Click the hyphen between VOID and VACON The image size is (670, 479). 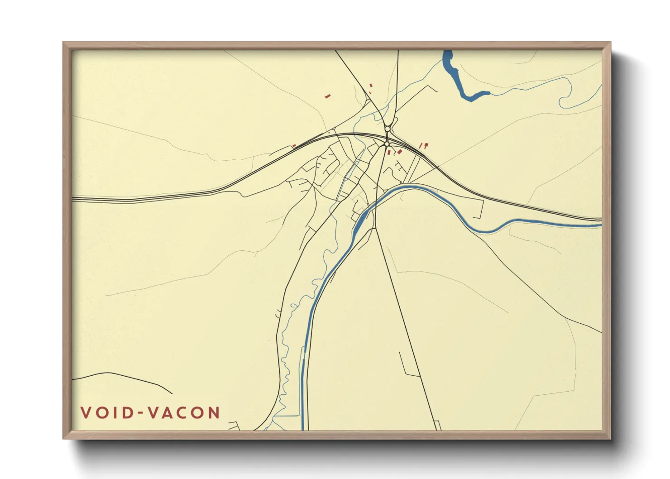(140, 413)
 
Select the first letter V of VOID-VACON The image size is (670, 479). (86, 413)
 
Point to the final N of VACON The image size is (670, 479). (214, 413)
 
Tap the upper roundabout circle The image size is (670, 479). (388, 129)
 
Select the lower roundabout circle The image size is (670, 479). (387, 144)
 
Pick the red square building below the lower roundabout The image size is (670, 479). (388, 152)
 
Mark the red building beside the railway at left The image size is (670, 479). (294, 146)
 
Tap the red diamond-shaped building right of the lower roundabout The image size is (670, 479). (399, 152)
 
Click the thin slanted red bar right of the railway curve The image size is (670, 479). (421, 146)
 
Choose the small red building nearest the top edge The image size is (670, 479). (371, 85)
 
